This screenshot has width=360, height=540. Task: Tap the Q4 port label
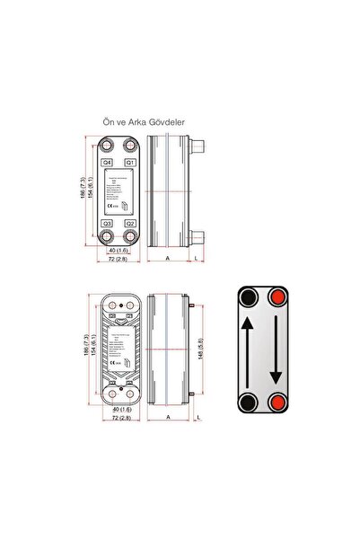107,162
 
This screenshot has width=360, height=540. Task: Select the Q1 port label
131,162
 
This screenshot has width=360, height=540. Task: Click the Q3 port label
107,223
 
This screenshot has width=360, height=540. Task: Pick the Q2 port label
131,223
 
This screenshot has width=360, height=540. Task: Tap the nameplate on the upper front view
119,192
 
